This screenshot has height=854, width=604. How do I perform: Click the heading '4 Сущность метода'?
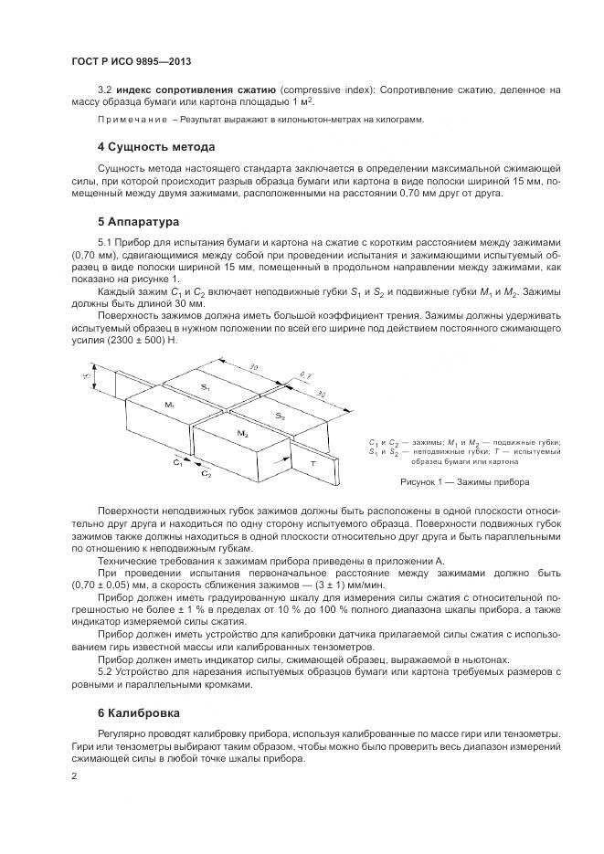point(156,146)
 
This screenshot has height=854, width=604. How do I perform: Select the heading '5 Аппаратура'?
point(139,220)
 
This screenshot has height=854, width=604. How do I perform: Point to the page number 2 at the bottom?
point(74,775)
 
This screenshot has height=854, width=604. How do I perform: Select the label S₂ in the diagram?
point(280,416)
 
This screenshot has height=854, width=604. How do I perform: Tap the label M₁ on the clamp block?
point(169,404)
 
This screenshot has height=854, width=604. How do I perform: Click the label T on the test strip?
point(313,463)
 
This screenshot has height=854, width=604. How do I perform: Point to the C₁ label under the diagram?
point(178,463)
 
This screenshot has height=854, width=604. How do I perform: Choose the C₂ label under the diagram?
point(207,475)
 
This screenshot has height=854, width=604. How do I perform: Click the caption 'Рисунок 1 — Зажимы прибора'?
point(465,480)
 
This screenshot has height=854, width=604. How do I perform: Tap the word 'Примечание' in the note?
point(132,120)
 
